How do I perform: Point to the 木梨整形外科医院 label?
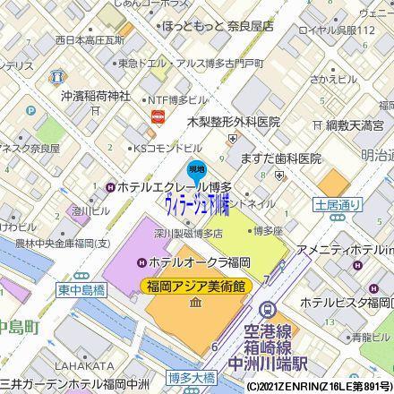click(x=234, y=121)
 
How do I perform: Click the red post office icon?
click(x=159, y=116)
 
